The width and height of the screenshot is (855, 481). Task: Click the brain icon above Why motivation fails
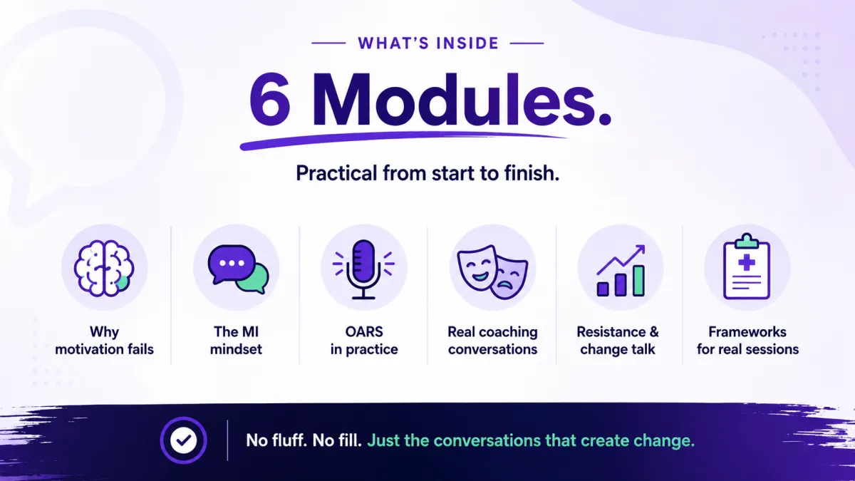click(104, 268)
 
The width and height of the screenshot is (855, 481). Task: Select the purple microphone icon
click(363, 269)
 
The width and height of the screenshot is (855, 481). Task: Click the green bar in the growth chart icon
click(638, 281)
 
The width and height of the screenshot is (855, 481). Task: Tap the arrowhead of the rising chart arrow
click(641, 250)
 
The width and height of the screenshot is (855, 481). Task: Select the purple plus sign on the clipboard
click(747, 263)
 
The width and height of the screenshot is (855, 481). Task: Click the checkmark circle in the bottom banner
click(184, 440)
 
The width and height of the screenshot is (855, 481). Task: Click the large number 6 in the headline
click(270, 98)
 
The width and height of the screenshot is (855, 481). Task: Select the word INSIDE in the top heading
click(467, 43)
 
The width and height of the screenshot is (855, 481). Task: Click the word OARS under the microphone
click(364, 332)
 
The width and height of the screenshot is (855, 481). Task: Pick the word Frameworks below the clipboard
click(747, 332)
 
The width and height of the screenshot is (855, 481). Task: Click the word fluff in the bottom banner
click(289, 440)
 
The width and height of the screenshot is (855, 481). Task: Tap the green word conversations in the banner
click(487, 440)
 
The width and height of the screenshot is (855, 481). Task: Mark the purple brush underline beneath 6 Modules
click(403, 140)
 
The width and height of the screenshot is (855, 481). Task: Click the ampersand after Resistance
click(654, 332)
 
